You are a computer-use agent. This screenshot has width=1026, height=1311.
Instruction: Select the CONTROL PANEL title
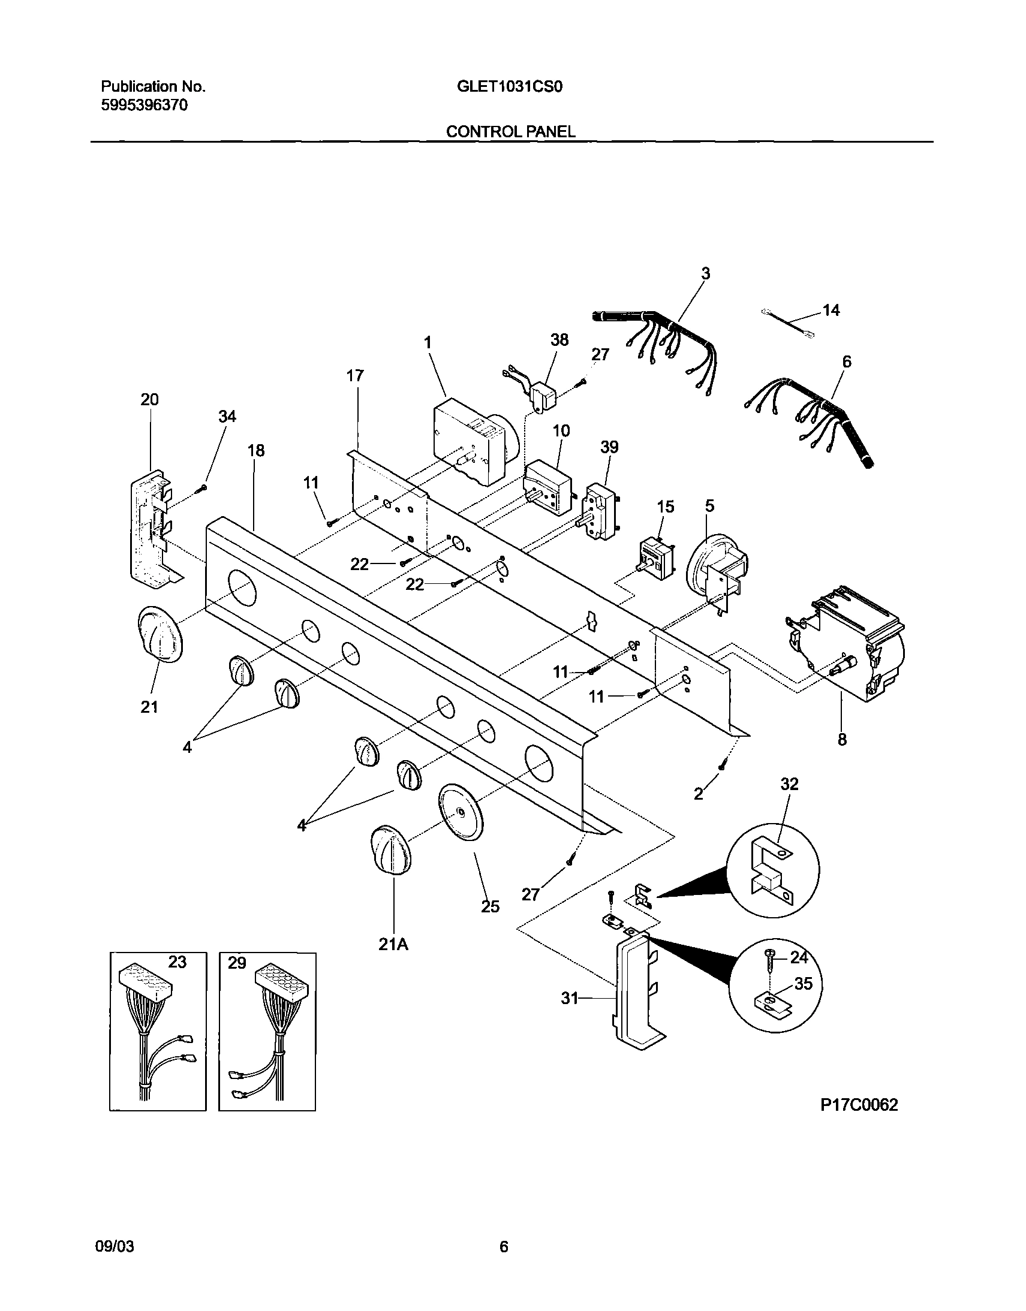pyautogui.click(x=510, y=131)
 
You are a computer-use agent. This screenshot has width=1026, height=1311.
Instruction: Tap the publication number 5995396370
pyautogui.click(x=144, y=106)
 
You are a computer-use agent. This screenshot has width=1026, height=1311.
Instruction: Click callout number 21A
pyautogui.click(x=393, y=944)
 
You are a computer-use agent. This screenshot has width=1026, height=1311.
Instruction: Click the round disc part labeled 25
pyautogui.click(x=461, y=812)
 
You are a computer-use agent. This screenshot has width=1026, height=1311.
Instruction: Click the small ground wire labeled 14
pyautogui.click(x=788, y=320)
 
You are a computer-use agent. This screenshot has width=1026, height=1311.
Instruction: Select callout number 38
pyautogui.click(x=559, y=340)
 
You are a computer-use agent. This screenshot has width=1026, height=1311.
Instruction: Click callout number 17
pyautogui.click(x=355, y=376)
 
